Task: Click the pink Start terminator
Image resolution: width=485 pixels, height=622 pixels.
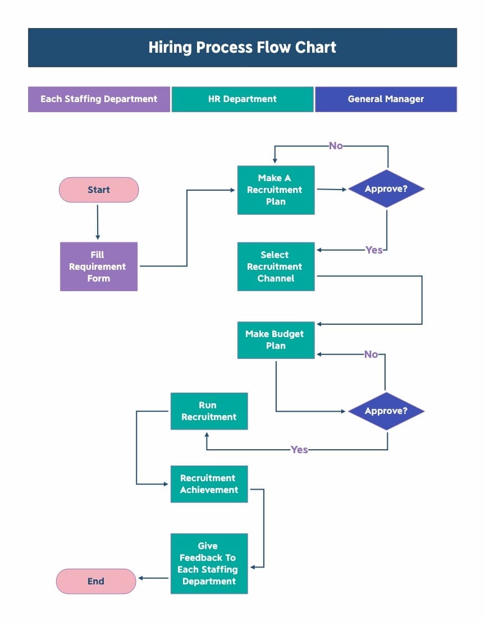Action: click(x=99, y=190)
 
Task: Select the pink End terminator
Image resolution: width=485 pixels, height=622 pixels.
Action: click(x=96, y=581)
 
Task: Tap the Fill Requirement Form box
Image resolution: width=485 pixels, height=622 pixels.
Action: click(x=99, y=266)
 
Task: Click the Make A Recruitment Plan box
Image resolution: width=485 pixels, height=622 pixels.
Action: click(x=276, y=190)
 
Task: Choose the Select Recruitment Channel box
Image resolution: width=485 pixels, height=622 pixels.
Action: click(x=276, y=266)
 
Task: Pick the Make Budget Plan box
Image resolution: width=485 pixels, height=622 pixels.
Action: click(x=276, y=340)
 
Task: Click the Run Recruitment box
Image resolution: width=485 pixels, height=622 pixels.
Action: click(x=209, y=411)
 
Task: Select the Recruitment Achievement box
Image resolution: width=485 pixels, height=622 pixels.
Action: click(x=209, y=484)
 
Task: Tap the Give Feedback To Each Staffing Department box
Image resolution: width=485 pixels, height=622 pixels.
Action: click(x=209, y=564)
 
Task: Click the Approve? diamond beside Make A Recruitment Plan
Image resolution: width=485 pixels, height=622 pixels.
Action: click(x=386, y=189)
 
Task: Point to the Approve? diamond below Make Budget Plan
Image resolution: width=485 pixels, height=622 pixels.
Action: click(x=386, y=411)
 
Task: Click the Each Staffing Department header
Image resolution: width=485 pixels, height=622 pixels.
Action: click(x=99, y=99)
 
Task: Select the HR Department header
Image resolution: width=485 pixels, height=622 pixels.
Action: click(x=242, y=99)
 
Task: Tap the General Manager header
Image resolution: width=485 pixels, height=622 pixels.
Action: click(x=386, y=99)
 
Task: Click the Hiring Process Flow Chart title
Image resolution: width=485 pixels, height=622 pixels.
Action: click(x=242, y=48)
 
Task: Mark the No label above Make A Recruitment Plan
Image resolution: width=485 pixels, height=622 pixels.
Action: click(x=336, y=146)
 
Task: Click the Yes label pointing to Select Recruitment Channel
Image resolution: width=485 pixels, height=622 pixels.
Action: click(x=374, y=250)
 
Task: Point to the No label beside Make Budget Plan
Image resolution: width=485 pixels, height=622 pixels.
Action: click(x=371, y=354)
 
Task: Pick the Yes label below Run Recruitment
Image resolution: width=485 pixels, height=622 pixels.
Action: click(x=299, y=450)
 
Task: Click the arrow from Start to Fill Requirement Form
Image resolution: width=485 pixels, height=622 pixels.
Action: click(x=98, y=222)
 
